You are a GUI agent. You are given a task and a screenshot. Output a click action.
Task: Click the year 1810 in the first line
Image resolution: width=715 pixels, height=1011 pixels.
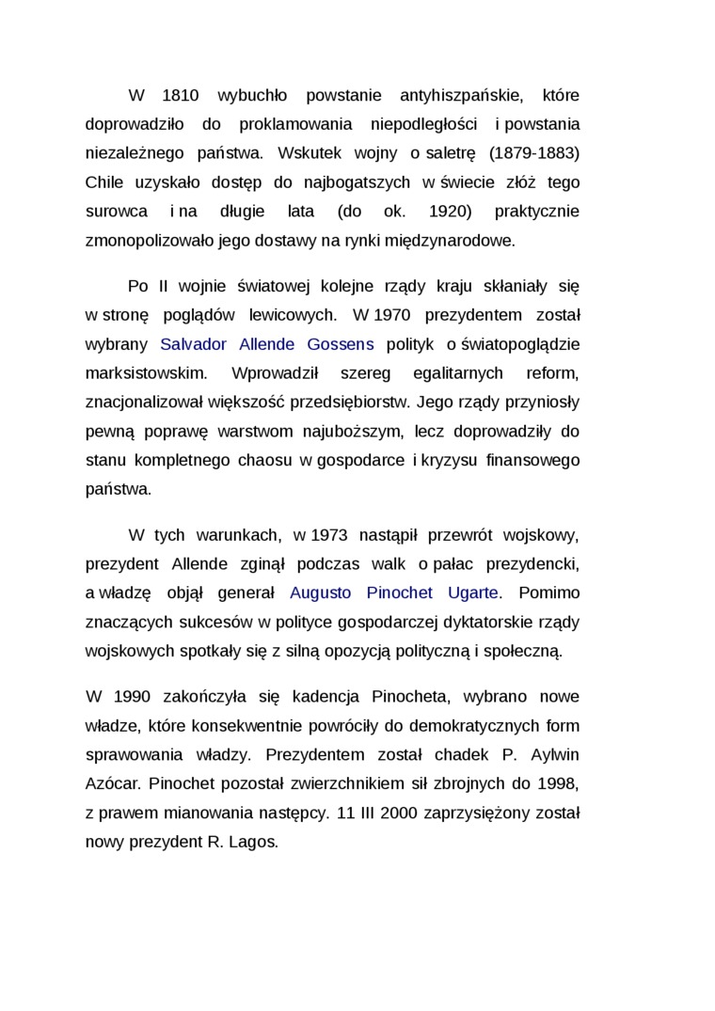point(180,95)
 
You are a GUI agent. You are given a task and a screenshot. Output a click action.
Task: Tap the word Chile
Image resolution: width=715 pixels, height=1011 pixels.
point(104,182)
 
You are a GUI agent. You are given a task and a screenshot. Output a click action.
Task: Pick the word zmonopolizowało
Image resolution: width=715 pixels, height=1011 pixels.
point(149,240)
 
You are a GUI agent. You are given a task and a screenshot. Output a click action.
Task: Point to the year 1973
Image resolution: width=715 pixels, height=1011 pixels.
point(328,535)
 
